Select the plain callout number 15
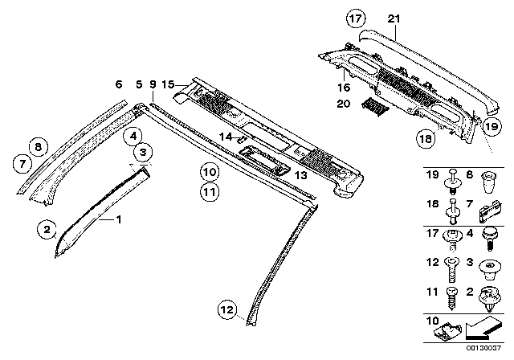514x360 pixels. coord(167,84)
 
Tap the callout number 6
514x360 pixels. coord(118,84)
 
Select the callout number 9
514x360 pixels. coord(153,84)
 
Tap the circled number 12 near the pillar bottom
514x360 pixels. coord(229,308)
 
